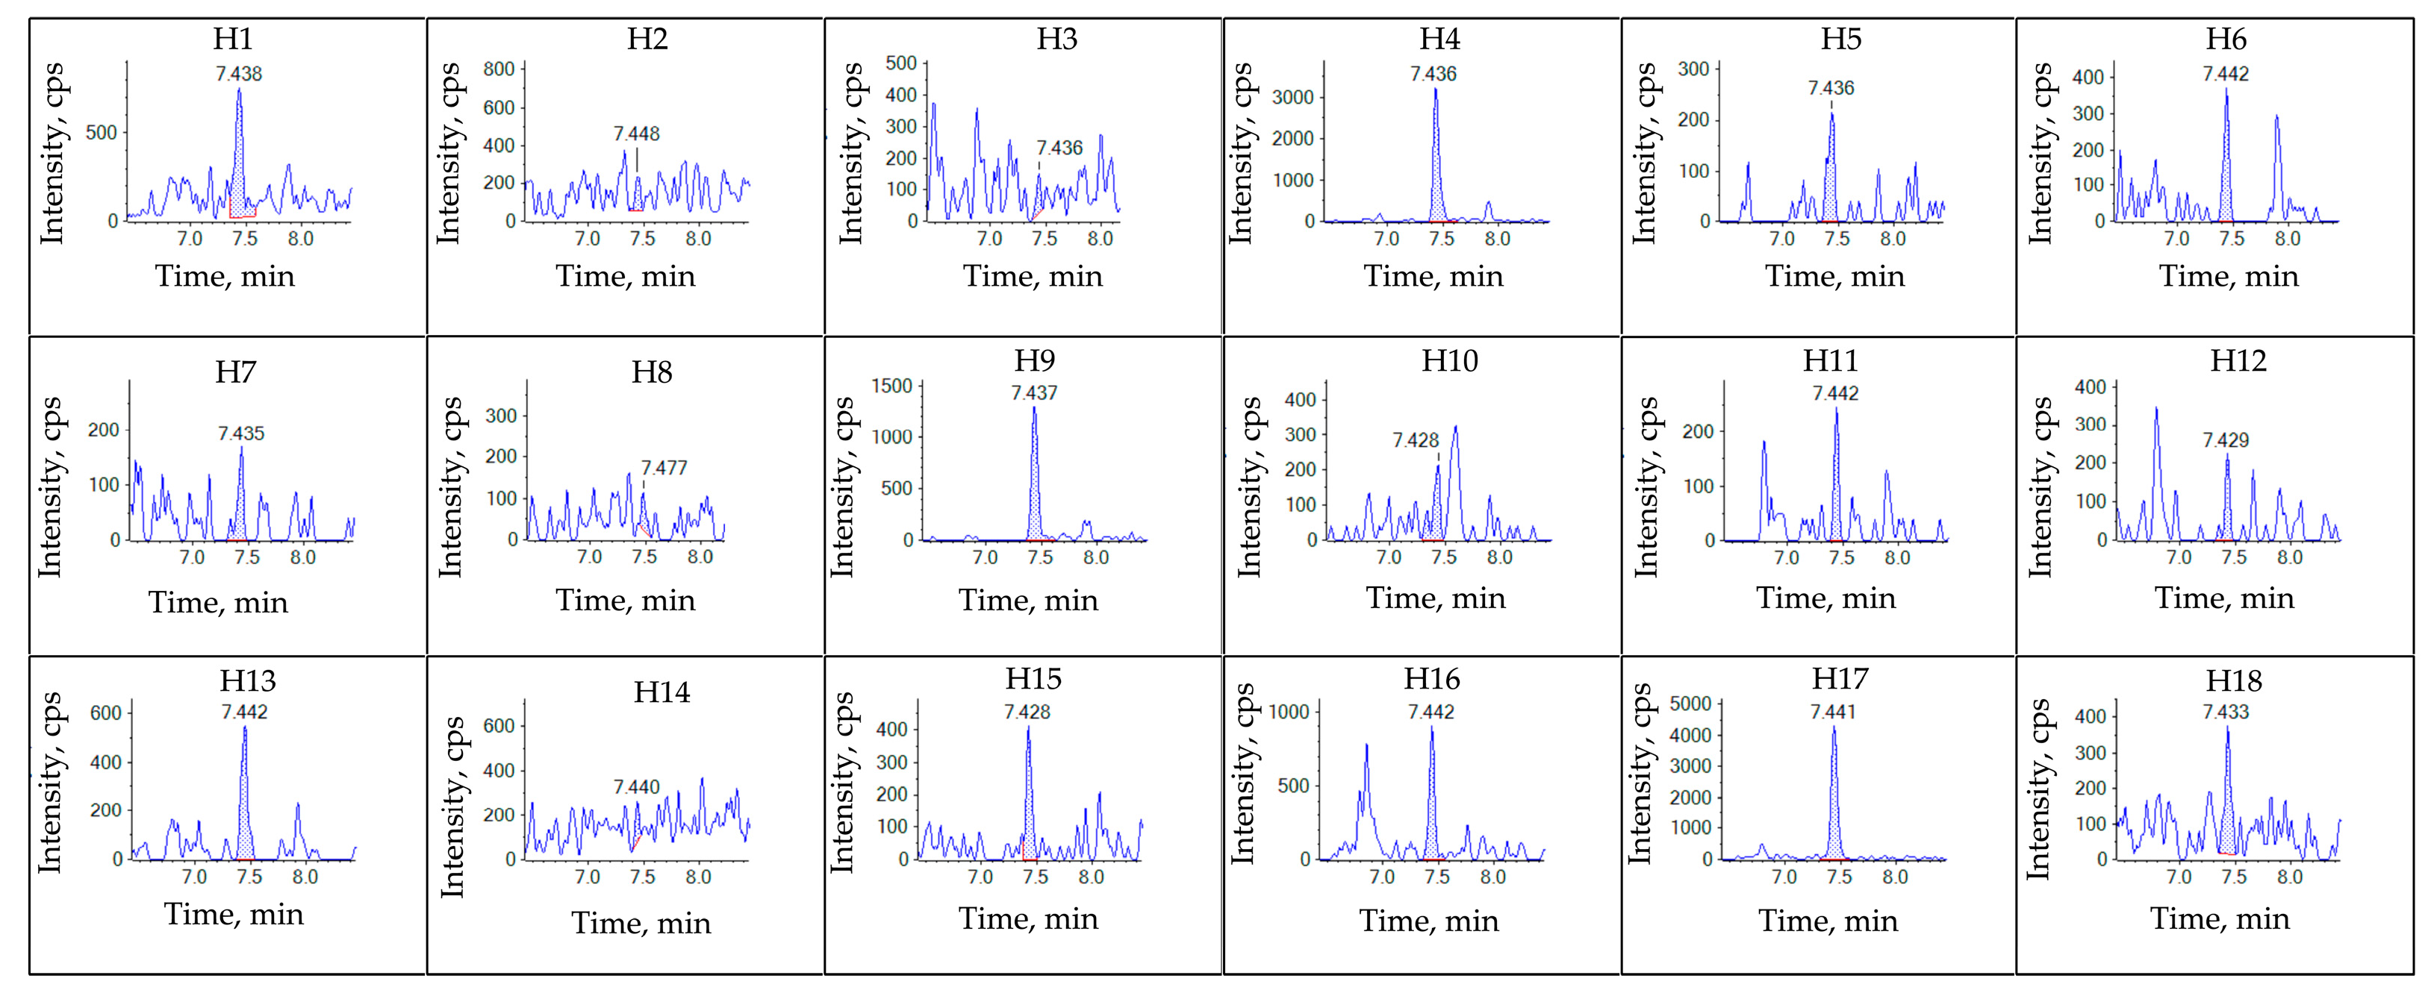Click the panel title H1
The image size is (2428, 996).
pos(233,39)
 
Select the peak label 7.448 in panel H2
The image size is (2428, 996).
pos(636,134)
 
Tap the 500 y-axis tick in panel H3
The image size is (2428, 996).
pos(901,63)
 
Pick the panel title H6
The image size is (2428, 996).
pos(2226,39)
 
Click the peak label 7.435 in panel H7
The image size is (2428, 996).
pos(241,433)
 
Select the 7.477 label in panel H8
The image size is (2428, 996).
pos(664,469)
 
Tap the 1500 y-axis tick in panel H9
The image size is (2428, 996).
pos(891,386)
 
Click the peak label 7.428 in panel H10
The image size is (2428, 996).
pos(1416,440)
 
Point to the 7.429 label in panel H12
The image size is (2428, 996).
pos(2226,440)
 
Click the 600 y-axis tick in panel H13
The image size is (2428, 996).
pos(105,713)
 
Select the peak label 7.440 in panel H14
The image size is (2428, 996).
pos(636,787)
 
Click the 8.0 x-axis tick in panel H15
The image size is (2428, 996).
pos(1091,877)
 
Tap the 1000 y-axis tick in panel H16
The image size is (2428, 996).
pos(1289,712)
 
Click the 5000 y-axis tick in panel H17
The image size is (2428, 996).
pos(1690,704)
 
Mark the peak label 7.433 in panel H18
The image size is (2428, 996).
pos(2226,712)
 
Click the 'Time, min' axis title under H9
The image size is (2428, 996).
pos(1028,601)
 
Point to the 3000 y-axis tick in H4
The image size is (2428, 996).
pos(1292,97)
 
